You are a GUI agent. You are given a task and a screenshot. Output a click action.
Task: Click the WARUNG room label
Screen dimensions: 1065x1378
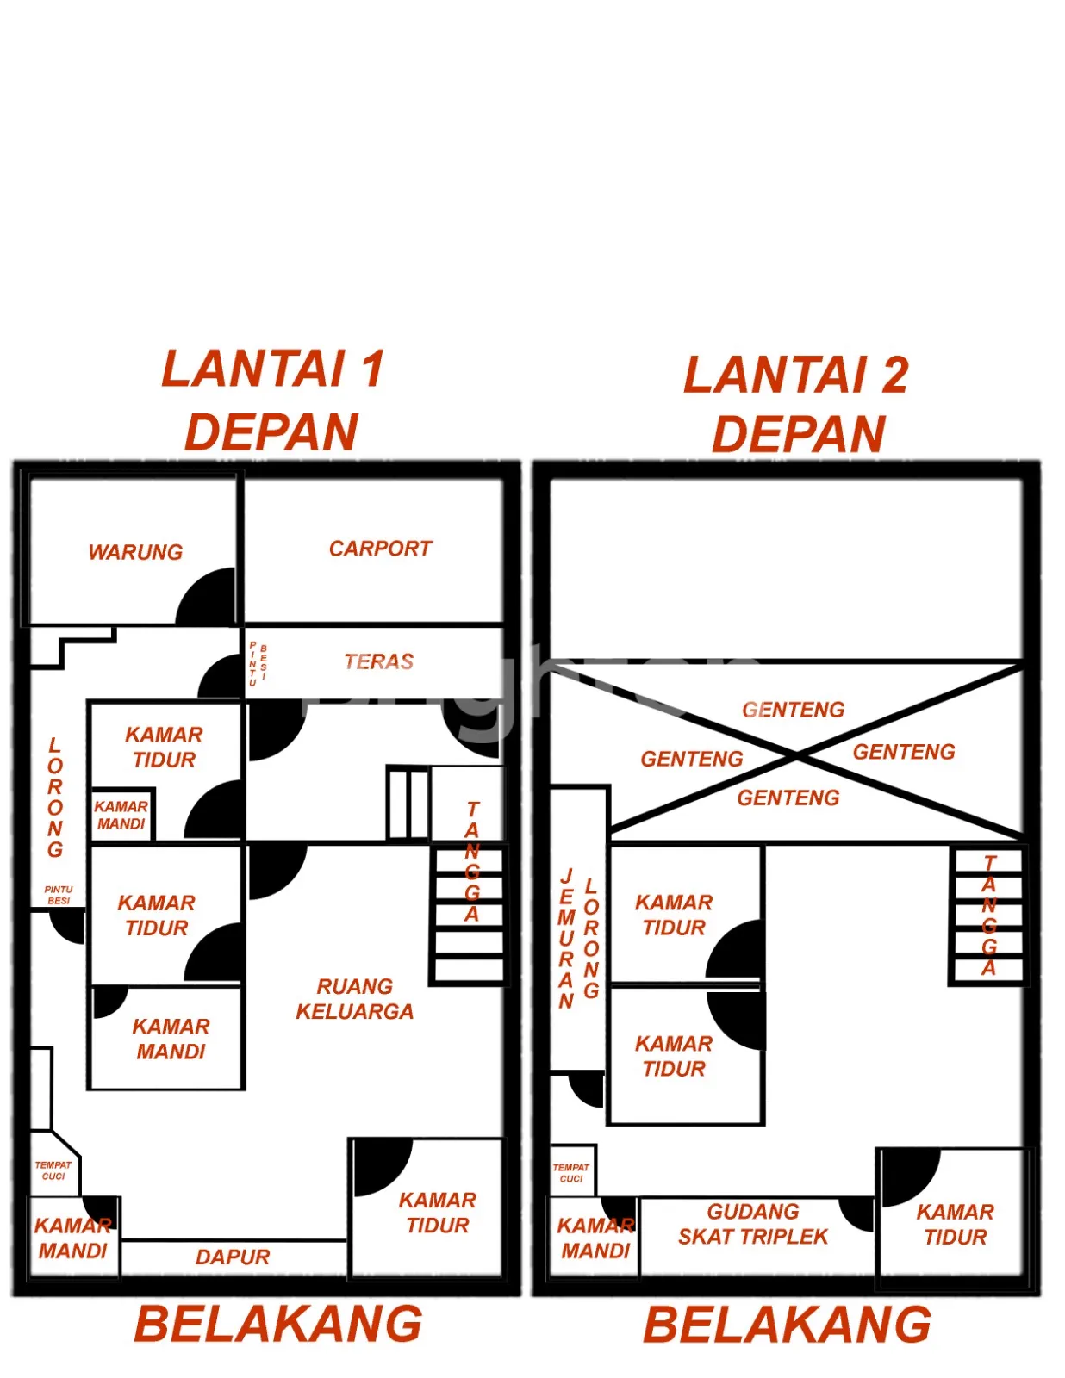(x=135, y=552)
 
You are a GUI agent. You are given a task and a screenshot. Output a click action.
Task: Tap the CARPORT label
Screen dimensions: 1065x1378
(x=380, y=548)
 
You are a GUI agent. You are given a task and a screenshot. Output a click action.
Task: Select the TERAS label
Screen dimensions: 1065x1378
(x=378, y=661)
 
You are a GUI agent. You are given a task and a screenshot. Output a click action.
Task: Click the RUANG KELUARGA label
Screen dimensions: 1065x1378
(x=355, y=999)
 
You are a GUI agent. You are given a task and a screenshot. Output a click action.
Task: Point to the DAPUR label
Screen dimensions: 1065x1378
(x=233, y=1257)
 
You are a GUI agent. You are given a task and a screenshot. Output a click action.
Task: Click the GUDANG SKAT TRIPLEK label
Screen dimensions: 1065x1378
(x=753, y=1224)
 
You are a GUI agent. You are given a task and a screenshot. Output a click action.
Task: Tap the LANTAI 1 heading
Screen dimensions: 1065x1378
(x=273, y=369)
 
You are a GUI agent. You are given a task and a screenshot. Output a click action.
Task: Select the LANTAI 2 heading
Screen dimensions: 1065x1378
(x=796, y=375)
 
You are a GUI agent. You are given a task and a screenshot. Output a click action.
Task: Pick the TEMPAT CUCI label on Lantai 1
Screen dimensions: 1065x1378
(x=53, y=1170)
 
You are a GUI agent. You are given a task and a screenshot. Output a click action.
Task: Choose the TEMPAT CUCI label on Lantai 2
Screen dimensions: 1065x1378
(x=571, y=1173)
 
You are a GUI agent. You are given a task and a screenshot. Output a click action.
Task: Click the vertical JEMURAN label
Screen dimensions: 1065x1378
(x=566, y=939)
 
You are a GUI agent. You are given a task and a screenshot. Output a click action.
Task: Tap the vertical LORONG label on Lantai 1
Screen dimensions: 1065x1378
(x=55, y=798)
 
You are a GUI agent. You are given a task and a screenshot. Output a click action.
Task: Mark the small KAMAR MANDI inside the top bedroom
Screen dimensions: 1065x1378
(x=121, y=815)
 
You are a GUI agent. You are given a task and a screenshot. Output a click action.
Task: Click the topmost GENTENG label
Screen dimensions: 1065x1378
(x=793, y=709)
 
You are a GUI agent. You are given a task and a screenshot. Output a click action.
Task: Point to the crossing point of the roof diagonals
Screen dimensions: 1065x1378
(x=797, y=754)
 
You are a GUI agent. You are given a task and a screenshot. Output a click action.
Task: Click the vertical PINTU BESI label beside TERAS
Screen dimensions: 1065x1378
(x=258, y=663)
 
